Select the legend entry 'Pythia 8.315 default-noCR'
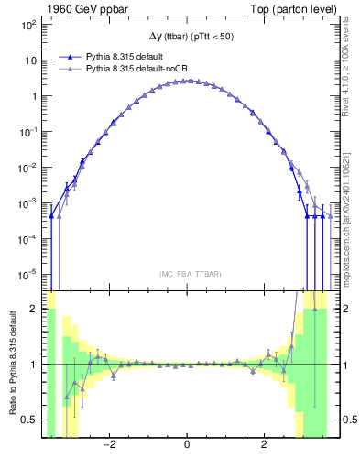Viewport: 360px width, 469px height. pyautogui.click(x=134, y=68)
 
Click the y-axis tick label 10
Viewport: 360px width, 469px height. pyautogui.click(x=29, y=60)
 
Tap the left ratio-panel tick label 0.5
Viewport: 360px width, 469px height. pyautogui.click(x=29, y=420)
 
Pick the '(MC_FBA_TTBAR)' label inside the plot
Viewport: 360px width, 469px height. pyautogui.click(x=187, y=275)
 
